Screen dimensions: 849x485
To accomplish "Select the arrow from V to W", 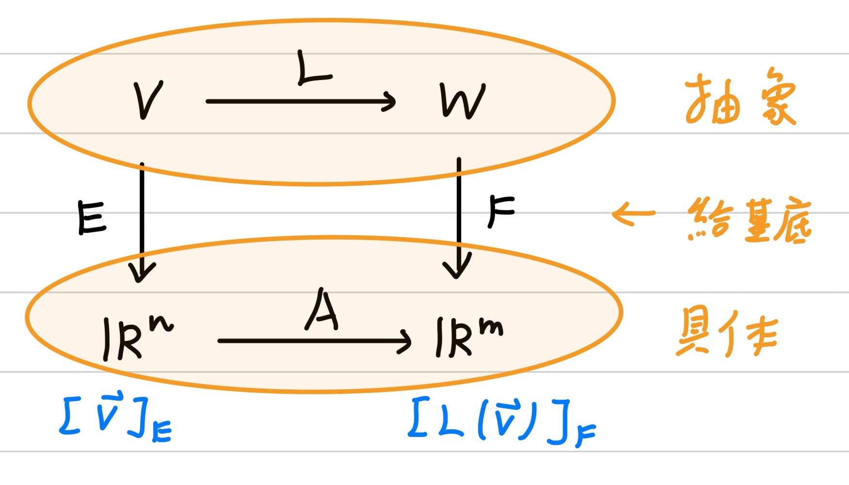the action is [301, 101].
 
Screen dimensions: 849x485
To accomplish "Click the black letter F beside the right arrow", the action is [500, 211].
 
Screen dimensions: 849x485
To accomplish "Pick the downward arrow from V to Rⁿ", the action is [142, 223].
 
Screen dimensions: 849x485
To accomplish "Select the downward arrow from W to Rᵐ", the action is [458, 218].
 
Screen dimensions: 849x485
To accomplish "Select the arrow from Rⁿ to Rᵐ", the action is [314, 341].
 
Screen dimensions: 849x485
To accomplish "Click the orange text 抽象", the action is [739, 99].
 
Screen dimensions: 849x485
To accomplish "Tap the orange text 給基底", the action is [749, 221].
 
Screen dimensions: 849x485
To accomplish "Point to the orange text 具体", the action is [726, 334].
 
